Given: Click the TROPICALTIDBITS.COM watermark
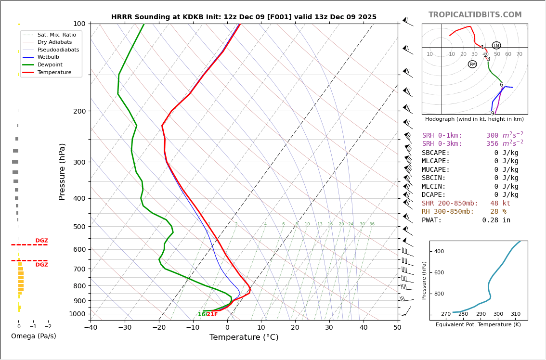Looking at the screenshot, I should pyautogui.click(x=475, y=15).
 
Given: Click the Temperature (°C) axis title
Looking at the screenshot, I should pyautogui.click(x=244, y=337).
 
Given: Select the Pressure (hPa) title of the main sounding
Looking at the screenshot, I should pyautogui.click(x=62, y=171).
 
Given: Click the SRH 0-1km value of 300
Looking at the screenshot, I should pyautogui.click(x=492, y=136).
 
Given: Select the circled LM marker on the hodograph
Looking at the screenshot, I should pyautogui.click(x=496, y=45).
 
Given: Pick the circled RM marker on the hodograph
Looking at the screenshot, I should pyautogui.click(x=472, y=64).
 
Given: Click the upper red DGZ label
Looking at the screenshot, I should pyautogui.click(x=42, y=241).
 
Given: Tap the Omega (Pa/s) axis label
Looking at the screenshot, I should pyautogui.click(x=33, y=336).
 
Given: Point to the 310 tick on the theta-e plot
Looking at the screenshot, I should pyautogui.click(x=515, y=314).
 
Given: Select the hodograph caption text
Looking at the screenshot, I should pyautogui.click(x=474, y=119).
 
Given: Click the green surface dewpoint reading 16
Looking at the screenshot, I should pyautogui.click(x=201, y=314).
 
